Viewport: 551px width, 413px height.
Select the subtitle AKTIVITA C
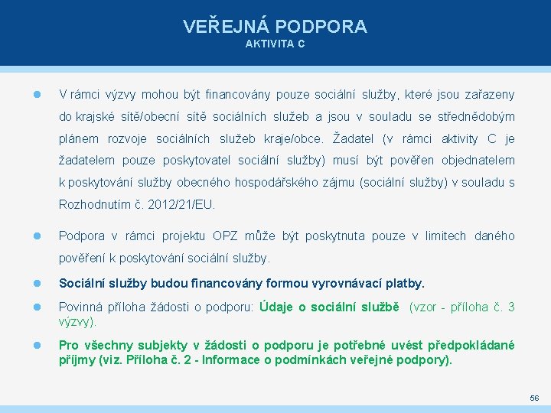(275, 44)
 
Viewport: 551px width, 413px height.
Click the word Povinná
(80, 307)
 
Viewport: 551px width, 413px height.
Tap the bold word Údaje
(277, 307)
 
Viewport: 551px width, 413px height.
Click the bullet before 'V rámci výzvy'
(37, 95)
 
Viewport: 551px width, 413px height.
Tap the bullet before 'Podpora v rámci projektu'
(37, 236)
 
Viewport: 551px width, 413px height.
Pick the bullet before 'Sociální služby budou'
(37, 284)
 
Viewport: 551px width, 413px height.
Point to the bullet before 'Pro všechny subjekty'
(37, 345)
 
